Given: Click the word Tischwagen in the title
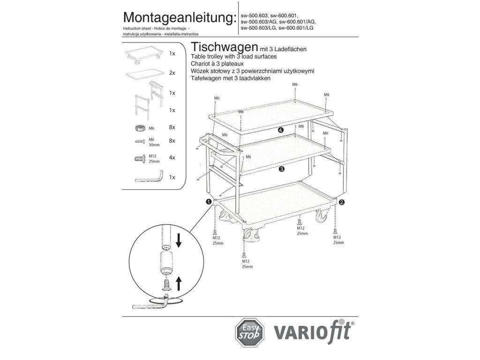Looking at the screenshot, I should [223, 48].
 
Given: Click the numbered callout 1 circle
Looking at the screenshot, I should [208, 202].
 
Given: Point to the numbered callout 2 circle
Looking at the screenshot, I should [342, 202].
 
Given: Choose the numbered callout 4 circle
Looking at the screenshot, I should [280, 130].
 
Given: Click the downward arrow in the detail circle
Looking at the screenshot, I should [179, 241].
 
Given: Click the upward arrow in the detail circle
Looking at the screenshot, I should [178, 284].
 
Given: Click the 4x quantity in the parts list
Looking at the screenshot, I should [172, 157].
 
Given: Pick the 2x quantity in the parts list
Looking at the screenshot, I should [172, 73].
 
